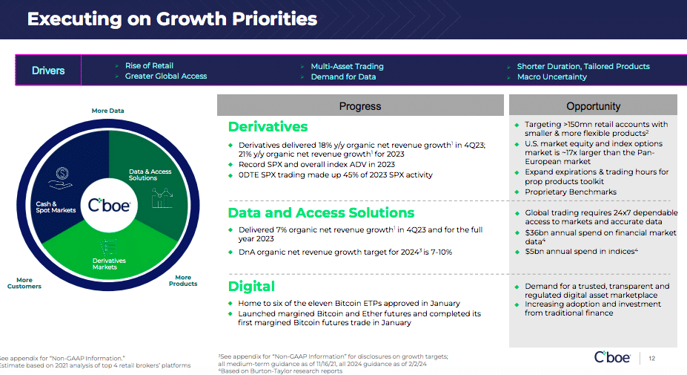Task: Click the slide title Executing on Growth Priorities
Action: (x=172, y=19)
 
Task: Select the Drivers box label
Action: (x=48, y=71)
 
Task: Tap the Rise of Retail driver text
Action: (x=149, y=66)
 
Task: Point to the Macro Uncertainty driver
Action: (x=551, y=76)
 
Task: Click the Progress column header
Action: (x=360, y=106)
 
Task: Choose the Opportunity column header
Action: (x=593, y=106)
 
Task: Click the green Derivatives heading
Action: (x=268, y=127)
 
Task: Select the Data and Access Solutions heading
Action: (x=321, y=213)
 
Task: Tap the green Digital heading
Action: (x=251, y=287)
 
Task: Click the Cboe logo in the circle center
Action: (x=109, y=205)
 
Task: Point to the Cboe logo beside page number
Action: (x=612, y=357)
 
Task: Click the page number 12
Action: (x=652, y=359)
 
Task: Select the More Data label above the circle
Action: (x=107, y=111)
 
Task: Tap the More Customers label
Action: (x=24, y=283)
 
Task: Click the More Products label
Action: (x=183, y=281)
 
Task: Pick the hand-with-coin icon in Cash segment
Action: (x=61, y=177)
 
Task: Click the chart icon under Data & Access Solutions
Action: (x=162, y=198)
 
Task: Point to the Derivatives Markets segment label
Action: (x=109, y=264)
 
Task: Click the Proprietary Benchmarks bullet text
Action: (x=571, y=192)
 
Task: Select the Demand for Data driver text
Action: (x=343, y=76)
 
